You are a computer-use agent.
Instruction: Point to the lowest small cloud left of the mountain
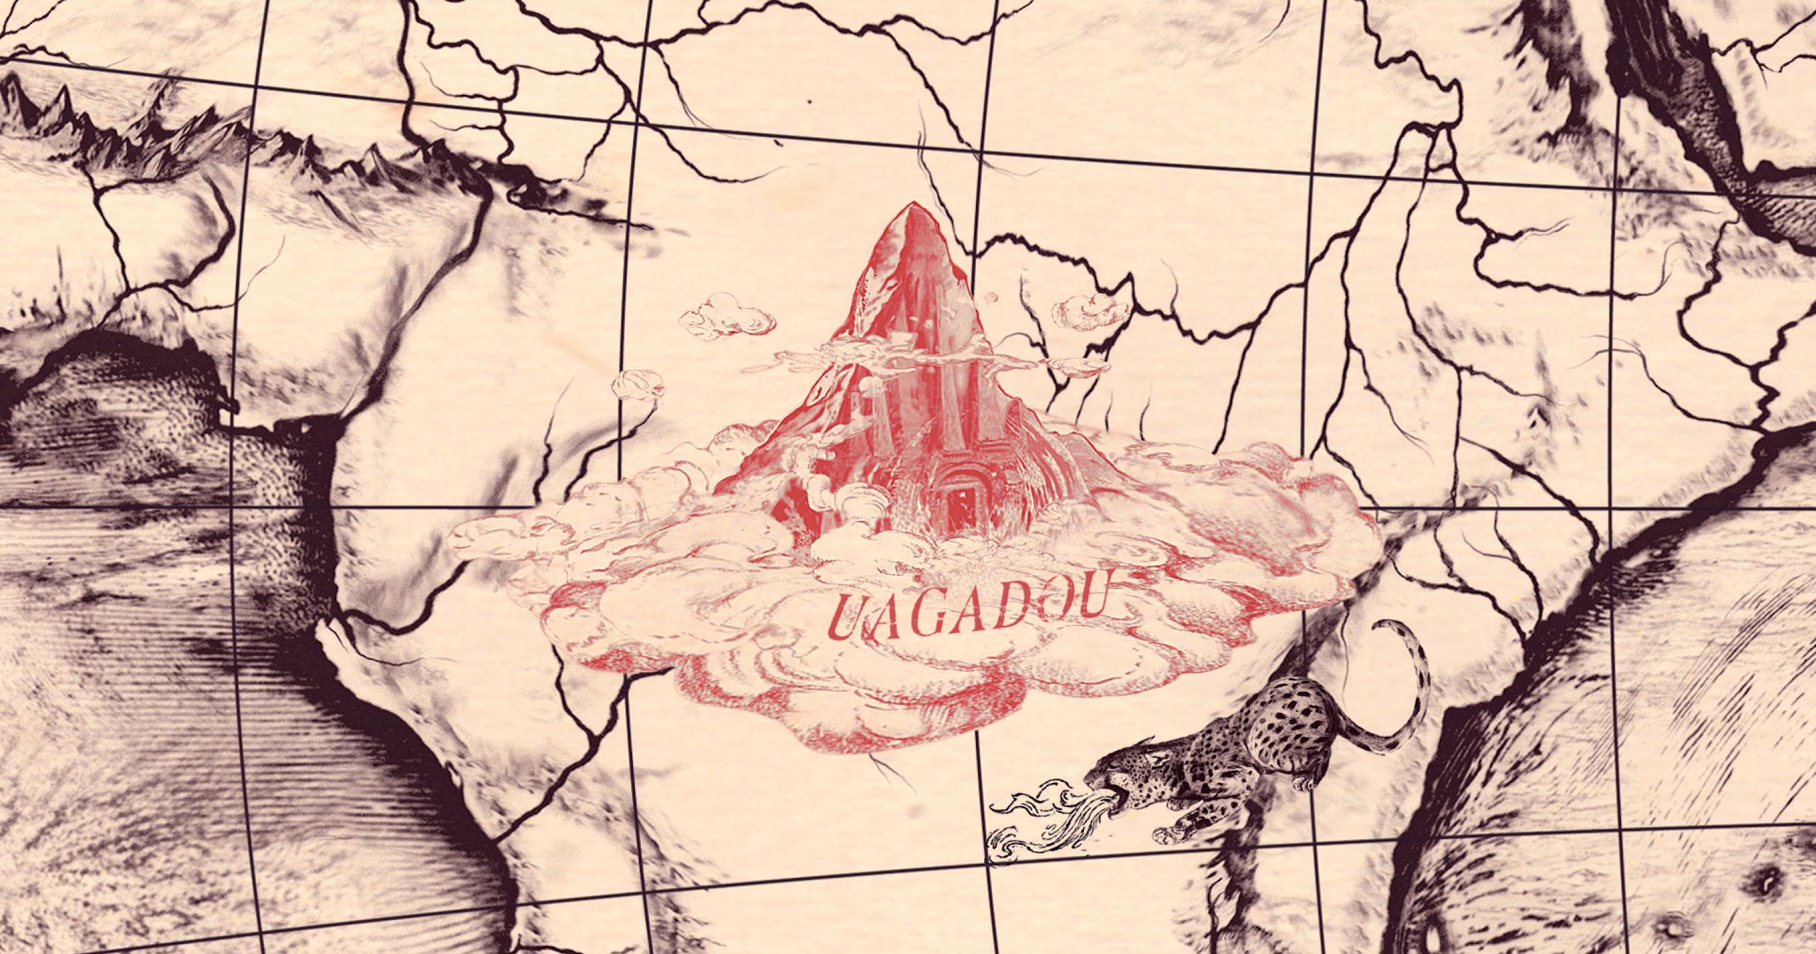pyautogui.click(x=642, y=388)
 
